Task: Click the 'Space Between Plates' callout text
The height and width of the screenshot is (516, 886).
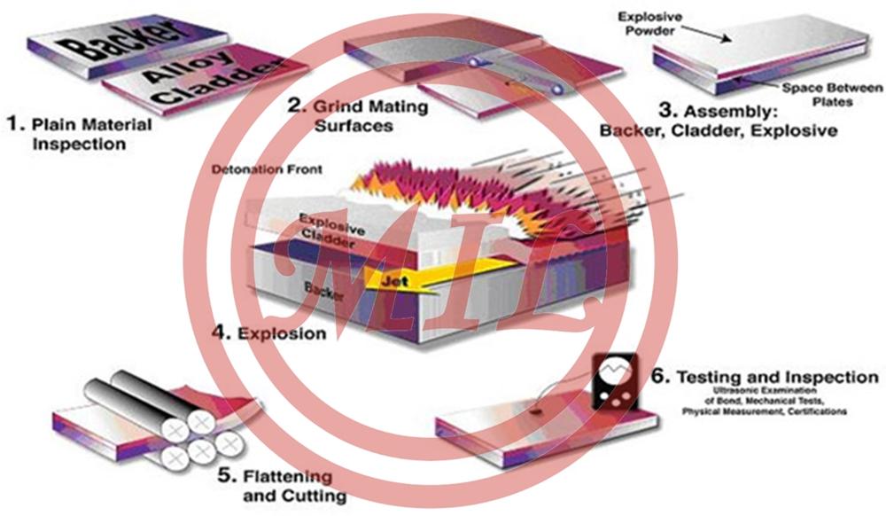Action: point(819,95)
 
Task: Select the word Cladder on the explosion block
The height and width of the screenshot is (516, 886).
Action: point(330,236)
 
